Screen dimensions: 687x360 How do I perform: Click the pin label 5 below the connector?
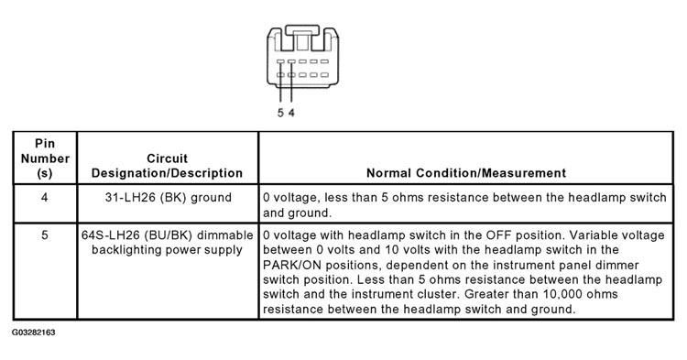point(280,113)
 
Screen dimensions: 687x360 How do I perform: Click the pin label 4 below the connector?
point(291,113)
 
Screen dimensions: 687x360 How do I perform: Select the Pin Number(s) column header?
point(45,158)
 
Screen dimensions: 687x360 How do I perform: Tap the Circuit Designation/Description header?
point(167,166)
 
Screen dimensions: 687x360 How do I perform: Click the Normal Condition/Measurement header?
point(466,173)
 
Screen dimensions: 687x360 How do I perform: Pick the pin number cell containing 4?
point(44,198)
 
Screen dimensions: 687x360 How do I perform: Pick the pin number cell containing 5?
point(45,235)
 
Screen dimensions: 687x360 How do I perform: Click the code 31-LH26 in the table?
point(130,198)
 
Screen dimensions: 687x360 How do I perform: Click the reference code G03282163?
point(33,333)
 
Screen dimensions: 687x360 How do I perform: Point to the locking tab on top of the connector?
point(302,30)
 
